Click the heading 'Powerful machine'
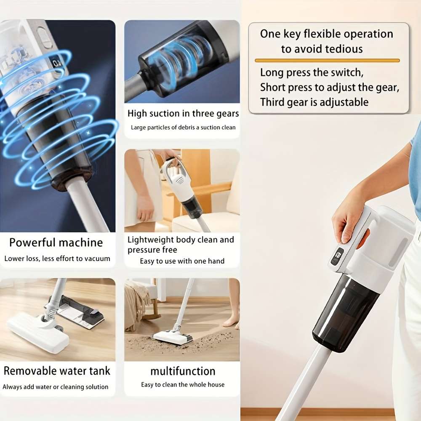coord(56,242)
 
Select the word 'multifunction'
coord(183,371)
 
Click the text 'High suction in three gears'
coord(183,114)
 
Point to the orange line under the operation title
coord(327,61)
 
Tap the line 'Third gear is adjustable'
coord(314,102)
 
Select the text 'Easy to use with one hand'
coord(182,261)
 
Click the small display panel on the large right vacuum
coord(337,256)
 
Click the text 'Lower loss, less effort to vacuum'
coord(57,258)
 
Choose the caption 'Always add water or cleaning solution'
coord(56,386)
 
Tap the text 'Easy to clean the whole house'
coord(183,384)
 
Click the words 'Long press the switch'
coord(312,72)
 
